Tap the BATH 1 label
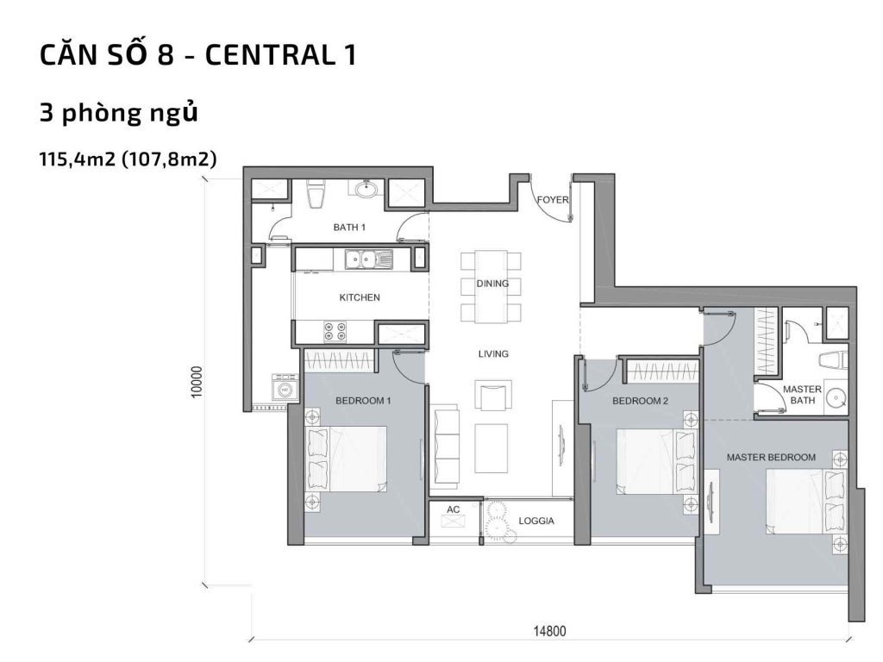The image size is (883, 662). click(350, 228)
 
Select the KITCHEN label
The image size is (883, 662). click(360, 297)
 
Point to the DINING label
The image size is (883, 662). click(492, 283)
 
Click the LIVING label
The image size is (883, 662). click(493, 353)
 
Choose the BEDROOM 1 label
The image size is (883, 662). click(363, 401)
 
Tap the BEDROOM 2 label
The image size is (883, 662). click(640, 401)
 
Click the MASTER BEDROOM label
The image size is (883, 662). click(770, 456)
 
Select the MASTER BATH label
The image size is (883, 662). click(801, 395)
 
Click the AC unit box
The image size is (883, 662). click(453, 515)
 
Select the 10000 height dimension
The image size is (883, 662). click(198, 383)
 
